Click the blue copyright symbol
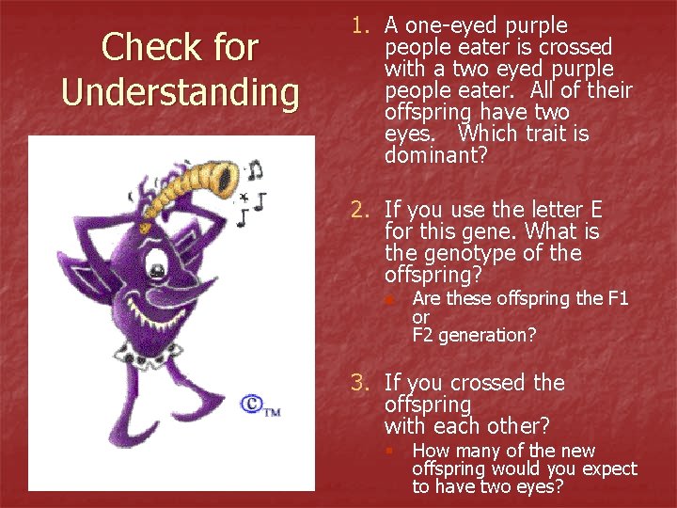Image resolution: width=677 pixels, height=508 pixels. [x=251, y=404]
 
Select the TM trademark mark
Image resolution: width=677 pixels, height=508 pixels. [x=272, y=410]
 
